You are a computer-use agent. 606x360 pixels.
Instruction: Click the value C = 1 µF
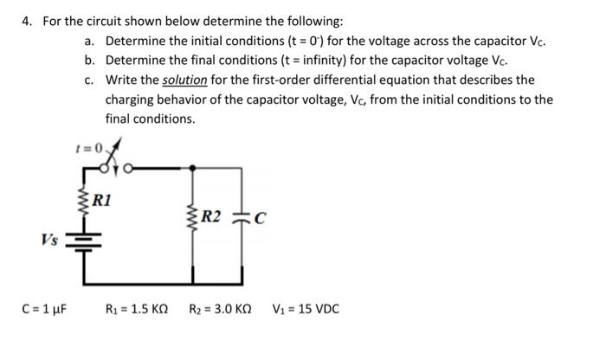point(45,308)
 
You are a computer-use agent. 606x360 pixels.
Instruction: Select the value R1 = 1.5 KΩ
point(136,308)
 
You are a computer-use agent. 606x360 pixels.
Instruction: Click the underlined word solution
point(184,80)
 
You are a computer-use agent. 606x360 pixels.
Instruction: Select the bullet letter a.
point(89,41)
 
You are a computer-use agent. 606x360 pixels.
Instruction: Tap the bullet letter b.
point(89,61)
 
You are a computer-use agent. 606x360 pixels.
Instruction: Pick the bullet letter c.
point(89,80)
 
